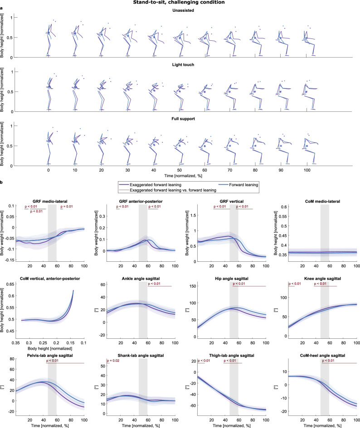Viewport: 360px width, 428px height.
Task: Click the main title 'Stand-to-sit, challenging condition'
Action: click(x=180, y=3)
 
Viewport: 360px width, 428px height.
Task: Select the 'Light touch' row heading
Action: click(x=180, y=65)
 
